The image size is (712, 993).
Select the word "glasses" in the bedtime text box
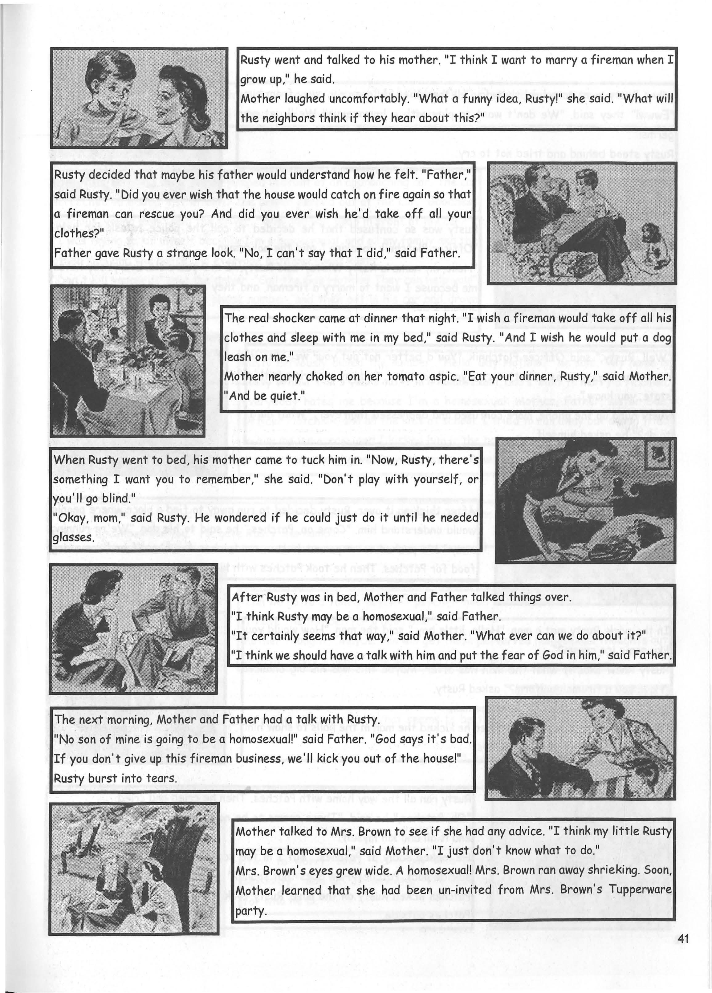click(x=73, y=537)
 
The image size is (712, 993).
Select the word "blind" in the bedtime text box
click(x=118, y=498)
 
